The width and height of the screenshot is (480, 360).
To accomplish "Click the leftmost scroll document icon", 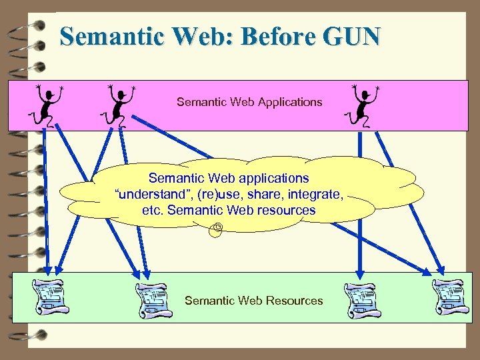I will click(51, 297).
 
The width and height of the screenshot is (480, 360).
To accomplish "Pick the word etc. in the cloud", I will click(151, 210).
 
